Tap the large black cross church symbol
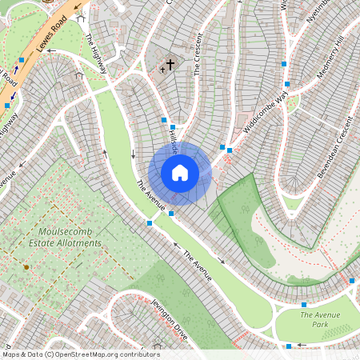170,64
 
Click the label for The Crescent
198,55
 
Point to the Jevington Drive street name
170,319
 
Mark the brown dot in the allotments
26,266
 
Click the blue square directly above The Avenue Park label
304,305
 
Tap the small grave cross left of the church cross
162,70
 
